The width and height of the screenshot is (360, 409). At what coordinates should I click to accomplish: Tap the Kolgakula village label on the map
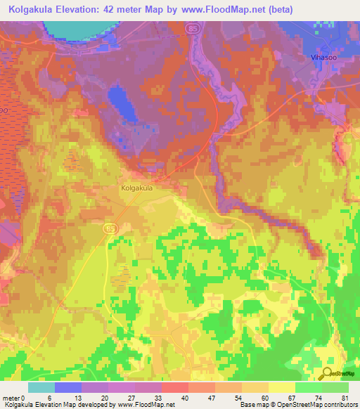click(136, 188)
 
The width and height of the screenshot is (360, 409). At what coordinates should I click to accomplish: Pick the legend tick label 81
click(345, 398)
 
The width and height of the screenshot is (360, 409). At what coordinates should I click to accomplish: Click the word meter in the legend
click(12, 398)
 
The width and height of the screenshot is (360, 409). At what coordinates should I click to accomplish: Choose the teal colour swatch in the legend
click(41, 387)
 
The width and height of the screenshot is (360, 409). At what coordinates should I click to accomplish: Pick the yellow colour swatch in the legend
click(281, 387)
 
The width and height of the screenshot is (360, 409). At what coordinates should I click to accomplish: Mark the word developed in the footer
click(86, 405)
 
